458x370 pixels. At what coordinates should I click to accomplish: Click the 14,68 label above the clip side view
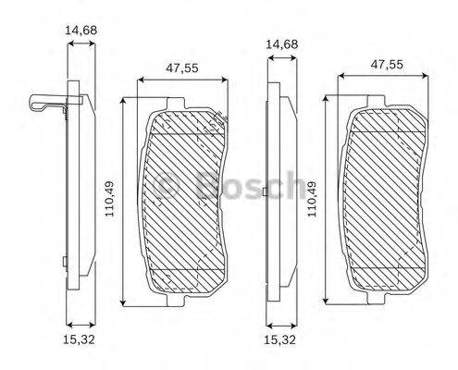click(x=81, y=30)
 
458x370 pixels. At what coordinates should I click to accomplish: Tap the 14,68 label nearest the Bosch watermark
click(x=281, y=43)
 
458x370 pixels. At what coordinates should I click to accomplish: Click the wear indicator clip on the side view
click(x=46, y=105)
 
